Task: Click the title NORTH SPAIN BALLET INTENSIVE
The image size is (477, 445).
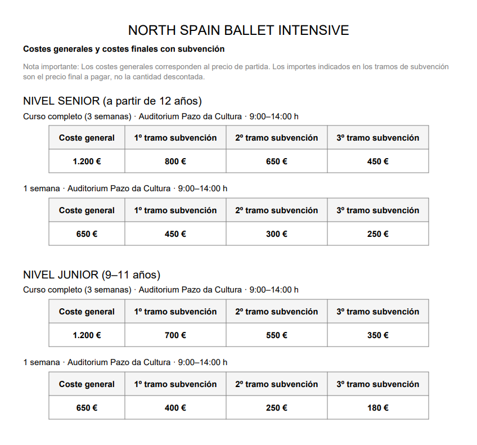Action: [238, 30]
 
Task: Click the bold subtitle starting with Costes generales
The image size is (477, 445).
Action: [124, 49]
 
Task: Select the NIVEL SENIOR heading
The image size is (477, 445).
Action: [112, 101]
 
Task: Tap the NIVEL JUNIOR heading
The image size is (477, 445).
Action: [92, 275]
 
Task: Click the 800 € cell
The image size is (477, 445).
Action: [175, 161]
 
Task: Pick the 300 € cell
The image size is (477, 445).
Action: [277, 234]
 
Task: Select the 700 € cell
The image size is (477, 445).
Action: [175, 335]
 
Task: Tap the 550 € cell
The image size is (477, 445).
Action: [277, 335]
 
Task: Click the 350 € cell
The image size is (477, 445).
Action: [378, 335]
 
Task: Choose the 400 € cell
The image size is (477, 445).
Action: [175, 408]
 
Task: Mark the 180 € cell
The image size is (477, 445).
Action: [378, 408]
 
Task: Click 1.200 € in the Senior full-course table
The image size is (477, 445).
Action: [87, 161]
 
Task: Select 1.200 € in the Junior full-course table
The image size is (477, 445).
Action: [87, 335]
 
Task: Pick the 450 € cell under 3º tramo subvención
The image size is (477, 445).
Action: [378, 161]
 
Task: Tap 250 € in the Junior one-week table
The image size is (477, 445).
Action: [277, 408]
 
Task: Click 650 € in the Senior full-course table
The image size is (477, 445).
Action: [277, 161]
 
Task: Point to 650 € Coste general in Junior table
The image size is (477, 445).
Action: [87, 408]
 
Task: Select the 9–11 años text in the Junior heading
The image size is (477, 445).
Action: [130, 275]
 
